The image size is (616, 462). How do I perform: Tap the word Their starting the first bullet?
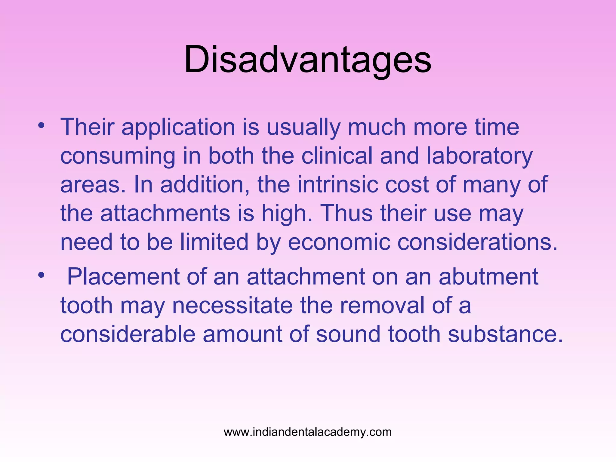point(87,127)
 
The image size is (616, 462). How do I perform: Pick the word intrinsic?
point(337,184)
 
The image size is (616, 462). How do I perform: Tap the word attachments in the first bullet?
point(165,213)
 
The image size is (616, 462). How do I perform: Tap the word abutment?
point(488,276)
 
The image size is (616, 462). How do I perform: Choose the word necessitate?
point(232,305)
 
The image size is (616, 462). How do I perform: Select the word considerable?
point(128,334)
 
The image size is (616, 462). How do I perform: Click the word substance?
point(505,334)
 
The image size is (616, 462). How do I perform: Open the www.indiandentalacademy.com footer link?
point(308,432)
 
